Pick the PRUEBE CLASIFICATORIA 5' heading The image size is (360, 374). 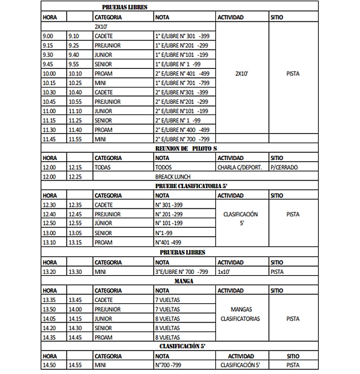pyautogui.click(x=184, y=186)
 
